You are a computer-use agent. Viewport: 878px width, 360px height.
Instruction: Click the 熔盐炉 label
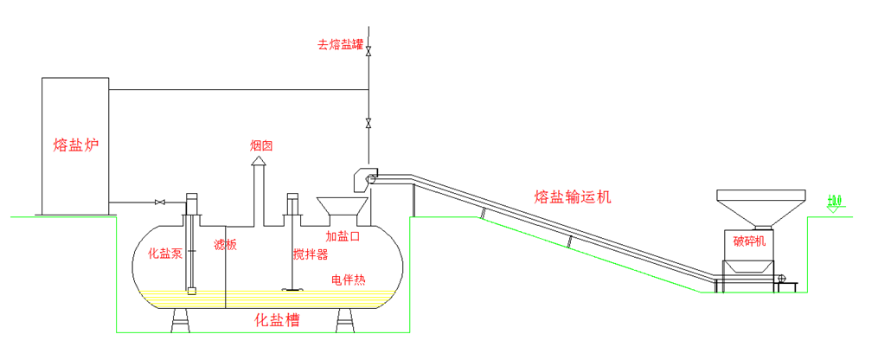point(75,145)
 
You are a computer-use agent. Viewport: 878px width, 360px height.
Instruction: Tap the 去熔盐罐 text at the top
point(339,45)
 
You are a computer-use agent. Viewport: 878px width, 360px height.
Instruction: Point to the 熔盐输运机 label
point(573,197)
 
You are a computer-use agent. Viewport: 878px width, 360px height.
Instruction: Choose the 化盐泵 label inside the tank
point(164,254)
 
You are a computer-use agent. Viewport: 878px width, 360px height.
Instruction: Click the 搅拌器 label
point(311,254)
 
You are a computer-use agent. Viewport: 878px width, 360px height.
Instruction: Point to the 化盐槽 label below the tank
point(276,319)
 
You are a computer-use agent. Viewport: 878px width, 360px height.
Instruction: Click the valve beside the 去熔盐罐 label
point(369,50)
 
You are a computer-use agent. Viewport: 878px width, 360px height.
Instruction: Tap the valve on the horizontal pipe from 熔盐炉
point(159,202)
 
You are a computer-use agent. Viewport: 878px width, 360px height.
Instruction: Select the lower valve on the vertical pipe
point(369,122)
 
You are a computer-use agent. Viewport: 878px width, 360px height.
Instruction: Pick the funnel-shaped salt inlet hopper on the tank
point(343,209)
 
